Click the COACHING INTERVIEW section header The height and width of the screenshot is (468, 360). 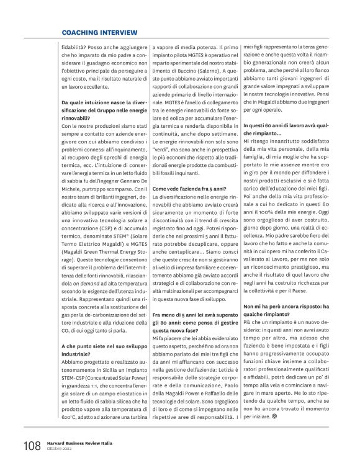pos(99,32)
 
